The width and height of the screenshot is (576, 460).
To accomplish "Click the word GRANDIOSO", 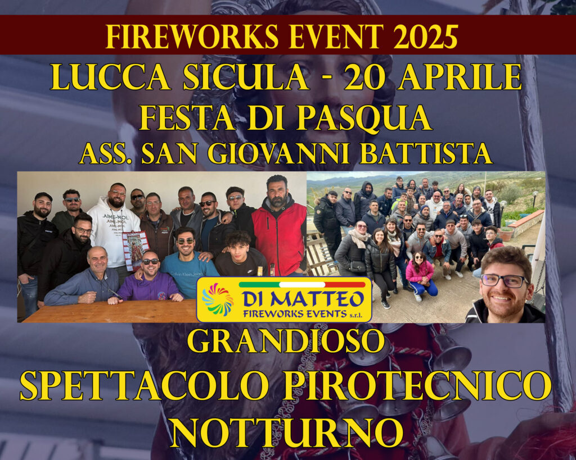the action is pos(286,341).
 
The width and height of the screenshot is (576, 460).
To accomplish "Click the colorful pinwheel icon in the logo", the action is pos(218,299).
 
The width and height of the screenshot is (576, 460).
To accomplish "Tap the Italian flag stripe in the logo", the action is pos(302,285).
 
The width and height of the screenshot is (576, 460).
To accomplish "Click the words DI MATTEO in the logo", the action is pos(303,299).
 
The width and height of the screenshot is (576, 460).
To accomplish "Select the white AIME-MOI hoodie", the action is pos(114,231).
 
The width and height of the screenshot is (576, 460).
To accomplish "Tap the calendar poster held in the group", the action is pos(136,249).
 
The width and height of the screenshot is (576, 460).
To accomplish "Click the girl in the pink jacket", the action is pos(420,275).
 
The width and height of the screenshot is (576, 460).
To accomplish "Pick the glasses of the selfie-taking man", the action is pos(505,281).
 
